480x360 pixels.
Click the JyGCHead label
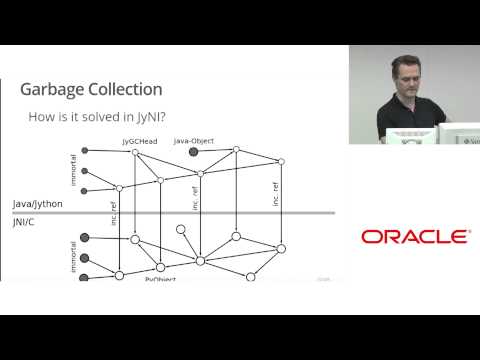139,141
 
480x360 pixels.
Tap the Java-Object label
194,141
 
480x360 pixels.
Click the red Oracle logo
415,237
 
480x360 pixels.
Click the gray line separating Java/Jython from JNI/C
200,213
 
